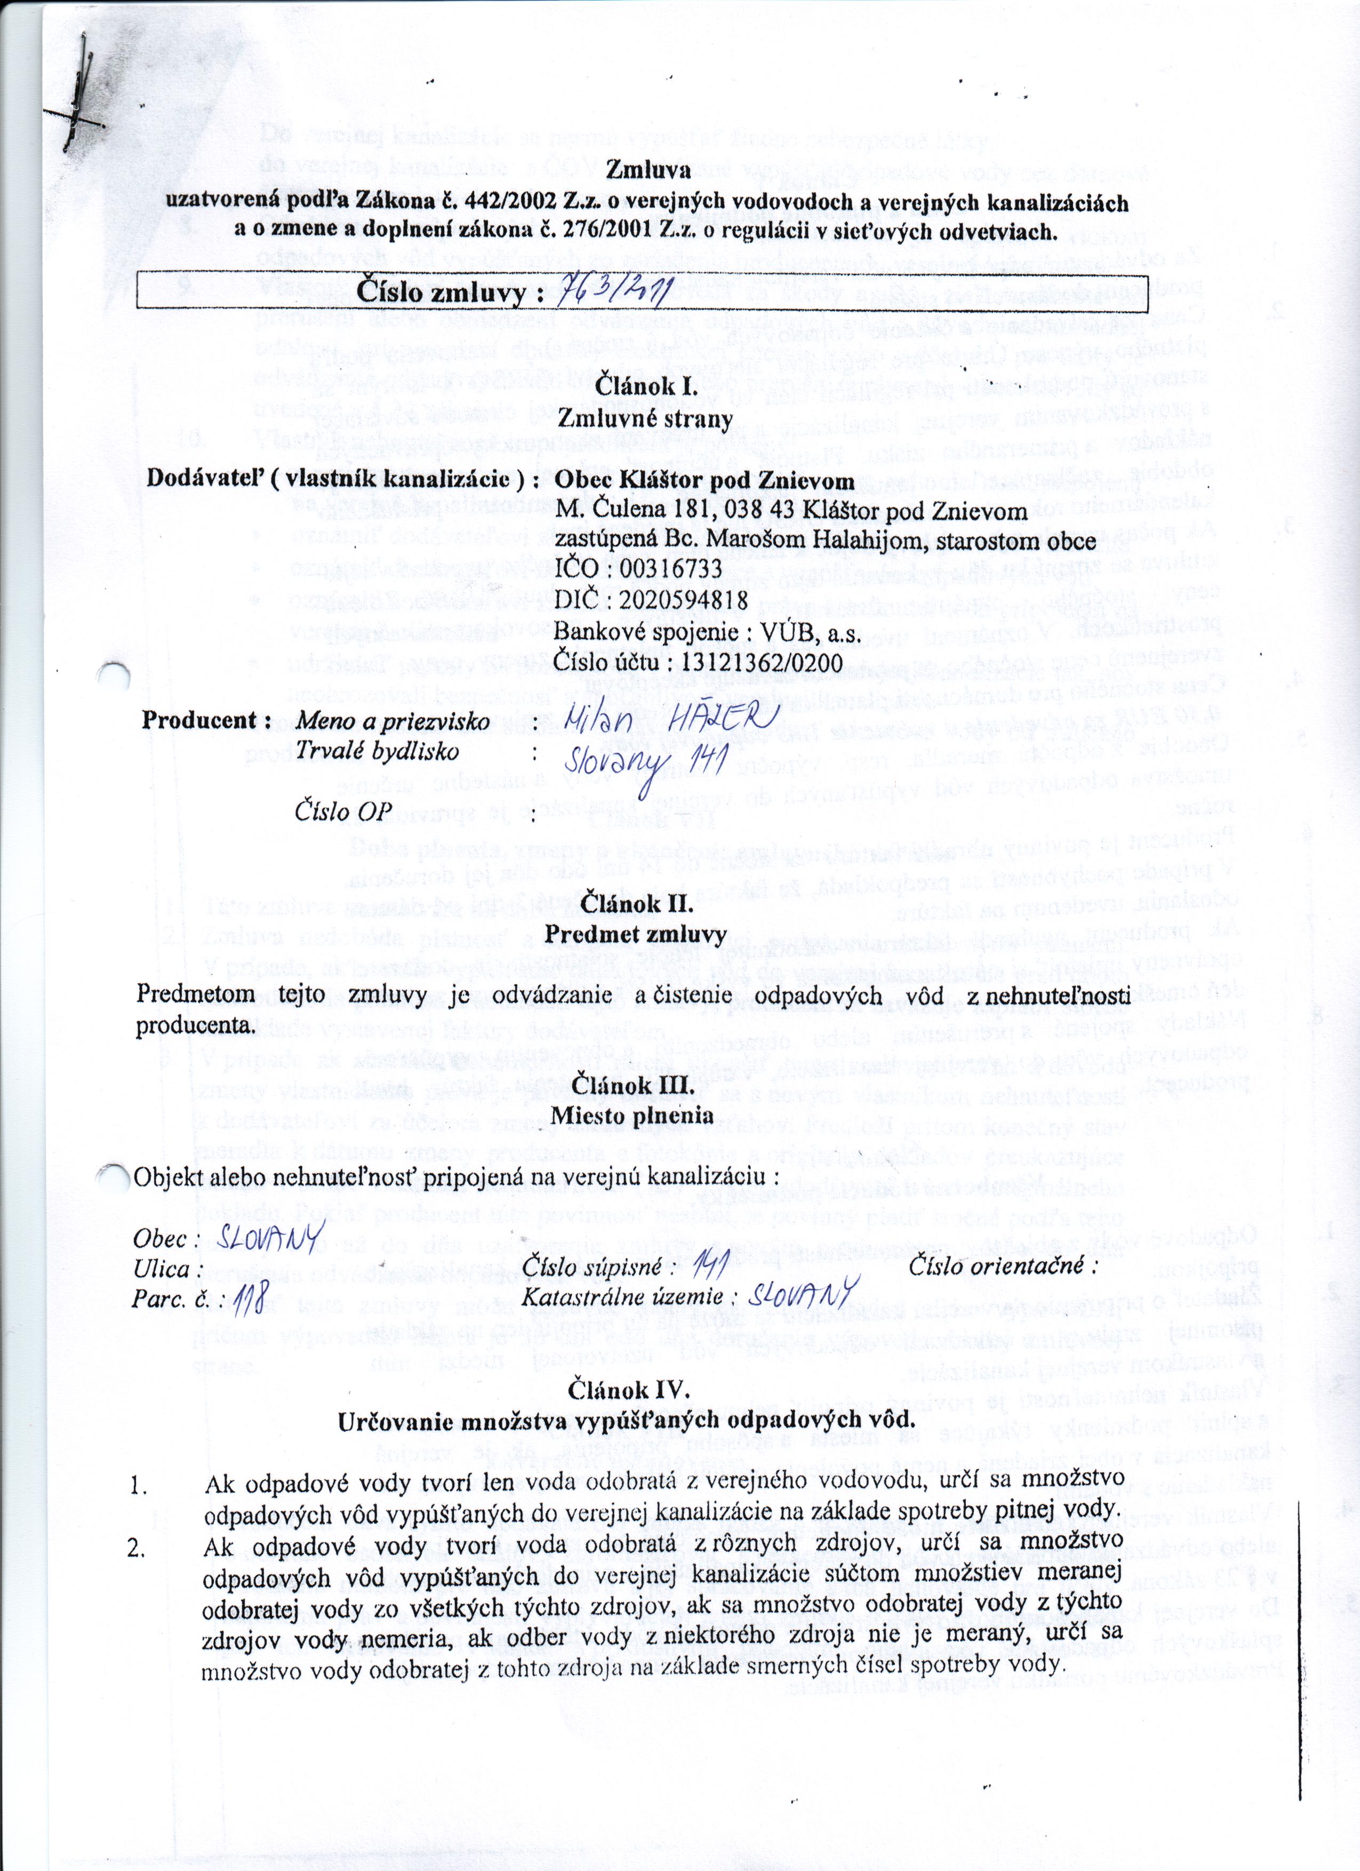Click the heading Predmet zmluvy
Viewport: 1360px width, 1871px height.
point(636,935)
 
